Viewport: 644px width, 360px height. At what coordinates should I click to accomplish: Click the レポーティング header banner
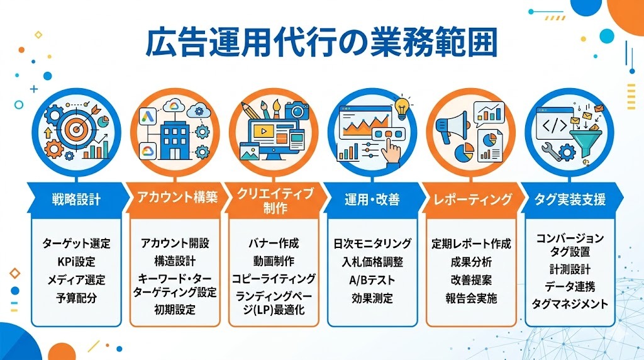click(472, 200)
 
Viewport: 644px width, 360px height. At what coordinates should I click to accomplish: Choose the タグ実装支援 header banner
click(570, 200)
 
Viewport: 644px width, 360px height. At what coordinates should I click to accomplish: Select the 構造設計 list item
click(175, 261)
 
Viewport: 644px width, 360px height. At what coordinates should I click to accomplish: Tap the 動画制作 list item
click(273, 261)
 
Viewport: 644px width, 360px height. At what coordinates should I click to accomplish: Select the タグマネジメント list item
click(570, 304)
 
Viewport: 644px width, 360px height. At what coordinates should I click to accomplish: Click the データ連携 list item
click(570, 286)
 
